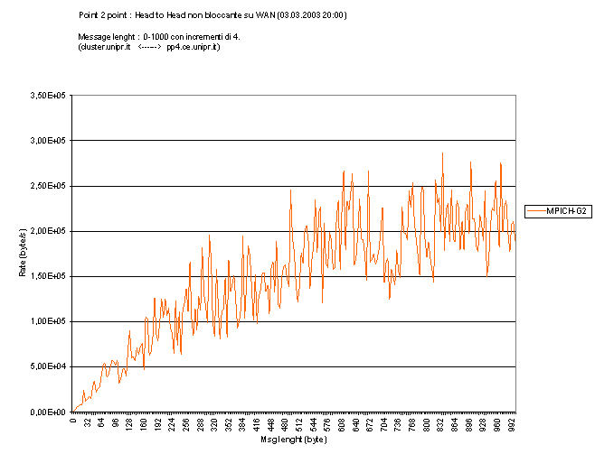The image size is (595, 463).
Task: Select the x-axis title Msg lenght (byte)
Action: coord(294,440)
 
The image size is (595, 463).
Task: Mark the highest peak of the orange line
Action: coord(442,153)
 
